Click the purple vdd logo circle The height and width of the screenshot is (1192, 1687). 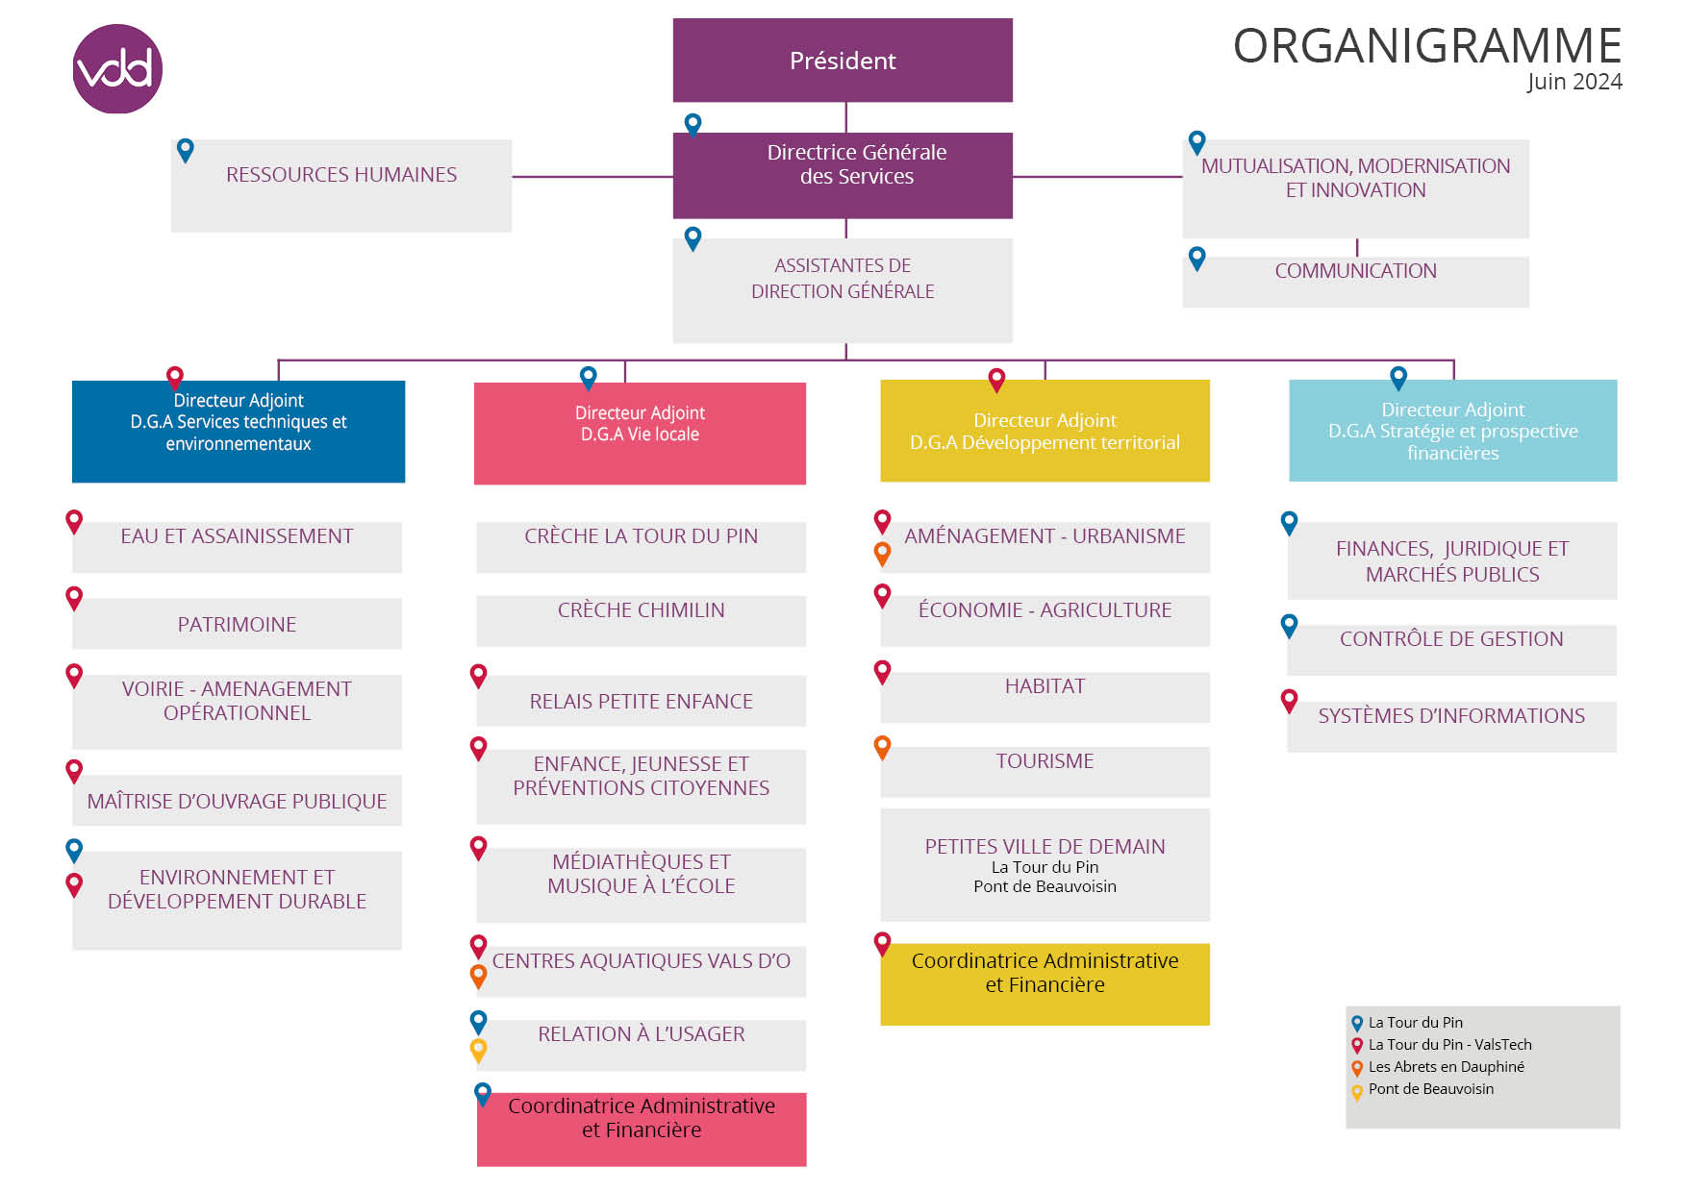tap(117, 69)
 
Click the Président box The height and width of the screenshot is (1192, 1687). tap(843, 61)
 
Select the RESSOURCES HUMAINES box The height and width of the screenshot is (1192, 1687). tap(341, 186)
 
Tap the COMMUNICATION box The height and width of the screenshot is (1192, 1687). tap(1355, 282)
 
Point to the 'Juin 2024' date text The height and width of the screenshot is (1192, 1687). tap(1574, 82)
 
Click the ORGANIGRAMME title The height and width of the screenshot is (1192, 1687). tap(1427, 45)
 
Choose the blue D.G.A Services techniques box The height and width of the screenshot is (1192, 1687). tap(239, 432)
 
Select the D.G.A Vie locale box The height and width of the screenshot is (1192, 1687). tap(640, 434)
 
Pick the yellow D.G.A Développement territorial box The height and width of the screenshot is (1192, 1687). tap(1045, 431)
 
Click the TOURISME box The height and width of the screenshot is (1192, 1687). tap(1045, 772)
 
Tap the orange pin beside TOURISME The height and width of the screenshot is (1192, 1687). tap(882, 747)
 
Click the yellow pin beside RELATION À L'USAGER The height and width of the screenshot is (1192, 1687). tap(478, 1050)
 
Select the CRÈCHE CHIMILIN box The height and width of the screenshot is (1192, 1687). tap(642, 621)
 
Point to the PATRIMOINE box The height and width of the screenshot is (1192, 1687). tap(237, 624)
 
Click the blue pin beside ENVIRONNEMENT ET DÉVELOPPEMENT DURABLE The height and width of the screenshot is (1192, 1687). tap(74, 850)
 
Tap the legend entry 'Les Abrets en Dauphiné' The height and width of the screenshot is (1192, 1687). tap(1446, 1067)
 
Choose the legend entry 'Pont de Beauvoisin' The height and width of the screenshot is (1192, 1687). tap(1431, 1089)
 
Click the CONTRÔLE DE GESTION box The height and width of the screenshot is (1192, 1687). tap(1451, 650)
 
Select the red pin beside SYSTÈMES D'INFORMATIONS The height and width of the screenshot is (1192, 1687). tap(1290, 701)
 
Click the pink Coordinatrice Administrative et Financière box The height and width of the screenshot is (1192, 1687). tap(642, 1130)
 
